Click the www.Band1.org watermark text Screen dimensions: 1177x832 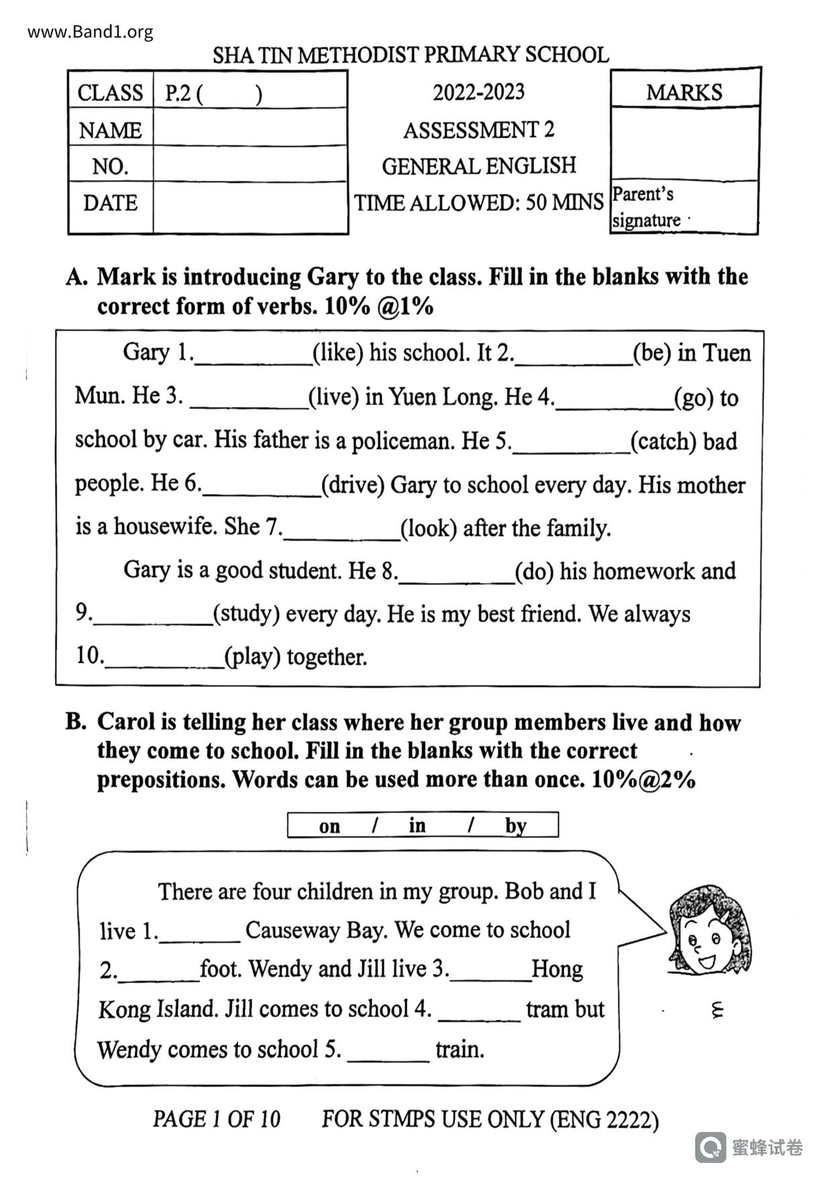[91, 32]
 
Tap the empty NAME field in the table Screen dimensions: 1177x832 [250, 129]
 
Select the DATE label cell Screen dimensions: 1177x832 [111, 203]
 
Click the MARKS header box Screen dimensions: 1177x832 [684, 92]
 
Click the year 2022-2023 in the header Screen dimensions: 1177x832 [478, 92]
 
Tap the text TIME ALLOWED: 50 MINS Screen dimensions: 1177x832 [478, 203]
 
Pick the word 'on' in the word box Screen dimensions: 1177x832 [329, 826]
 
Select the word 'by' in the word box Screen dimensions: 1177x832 [515, 825]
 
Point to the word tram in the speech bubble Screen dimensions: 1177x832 [545, 1009]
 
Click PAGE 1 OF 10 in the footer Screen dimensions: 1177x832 [216, 1119]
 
